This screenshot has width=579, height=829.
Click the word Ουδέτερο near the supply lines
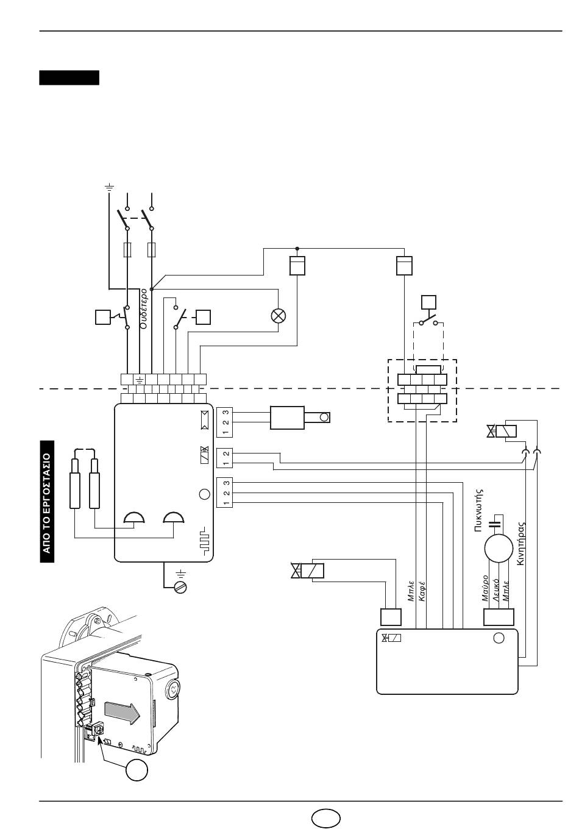[x=144, y=308]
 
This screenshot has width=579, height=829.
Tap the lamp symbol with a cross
[x=278, y=316]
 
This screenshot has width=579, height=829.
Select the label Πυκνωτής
[x=478, y=510]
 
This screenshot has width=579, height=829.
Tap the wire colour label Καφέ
[x=422, y=591]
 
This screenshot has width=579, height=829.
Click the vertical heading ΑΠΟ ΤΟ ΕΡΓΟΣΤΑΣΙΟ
[x=47, y=502]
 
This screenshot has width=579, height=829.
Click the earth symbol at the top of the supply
[x=109, y=187]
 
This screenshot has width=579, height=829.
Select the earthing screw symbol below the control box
[x=181, y=587]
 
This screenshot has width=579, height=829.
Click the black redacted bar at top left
[x=69, y=78]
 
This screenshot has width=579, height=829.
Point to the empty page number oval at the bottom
[x=326, y=817]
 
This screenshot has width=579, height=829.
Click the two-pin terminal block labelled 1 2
[x=224, y=458]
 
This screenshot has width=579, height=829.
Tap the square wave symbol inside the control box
[x=204, y=543]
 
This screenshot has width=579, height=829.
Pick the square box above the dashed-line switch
[x=429, y=302]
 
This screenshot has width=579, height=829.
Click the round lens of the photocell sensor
[x=324, y=418]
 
